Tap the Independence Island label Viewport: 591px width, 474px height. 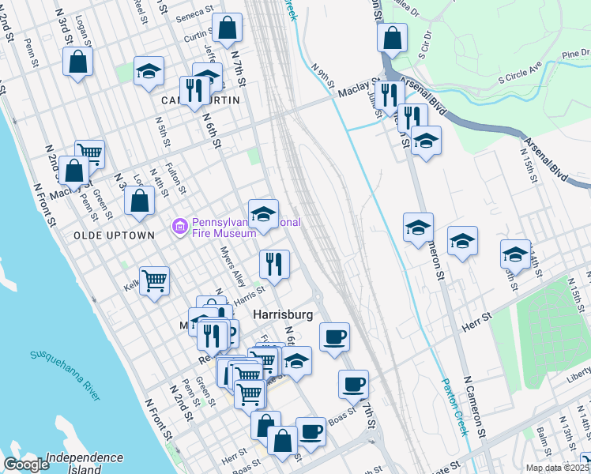click(x=85, y=463)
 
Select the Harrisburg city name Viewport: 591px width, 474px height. click(x=283, y=314)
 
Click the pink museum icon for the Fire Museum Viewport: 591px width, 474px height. click(x=180, y=228)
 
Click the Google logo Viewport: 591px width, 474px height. click(x=26, y=465)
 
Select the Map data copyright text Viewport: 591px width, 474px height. click(x=557, y=468)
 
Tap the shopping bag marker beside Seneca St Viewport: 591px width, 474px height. click(x=228, y=28)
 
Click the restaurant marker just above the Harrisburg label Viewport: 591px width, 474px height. click(x=274, y=265)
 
